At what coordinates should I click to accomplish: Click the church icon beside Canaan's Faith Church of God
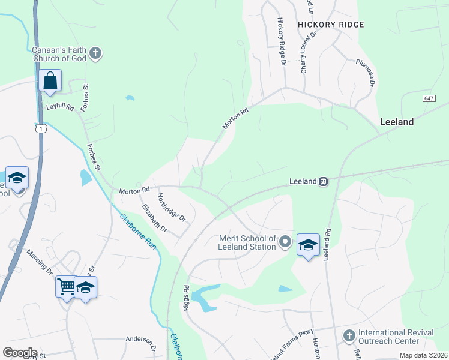pos(95,54)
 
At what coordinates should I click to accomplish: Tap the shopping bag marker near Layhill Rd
pos(50,80)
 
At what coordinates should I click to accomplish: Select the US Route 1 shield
pos(40,128)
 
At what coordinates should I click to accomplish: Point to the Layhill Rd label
pos(60,107)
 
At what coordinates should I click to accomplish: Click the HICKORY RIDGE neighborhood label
pos(331,25)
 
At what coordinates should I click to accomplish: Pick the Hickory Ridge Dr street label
pos(280,41)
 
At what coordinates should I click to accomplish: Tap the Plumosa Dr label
pos(364,73)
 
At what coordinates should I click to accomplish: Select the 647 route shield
pos(429,98)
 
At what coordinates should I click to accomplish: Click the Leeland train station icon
pos(323,181)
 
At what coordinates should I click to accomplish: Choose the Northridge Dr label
pos(172,208)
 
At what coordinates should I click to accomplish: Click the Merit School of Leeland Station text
pos(247,242)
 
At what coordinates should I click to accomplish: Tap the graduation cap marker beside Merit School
pos(308,245)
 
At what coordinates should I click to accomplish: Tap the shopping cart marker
pos(65,286)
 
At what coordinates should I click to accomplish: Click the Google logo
pos(20,353)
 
